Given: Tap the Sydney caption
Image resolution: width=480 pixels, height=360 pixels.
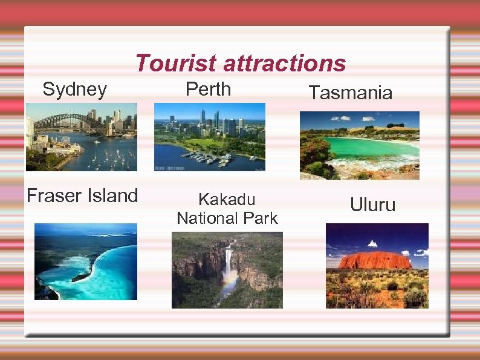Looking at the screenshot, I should click(x=75, y=90).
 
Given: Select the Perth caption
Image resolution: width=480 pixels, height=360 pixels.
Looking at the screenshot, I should click(x=208, y=89).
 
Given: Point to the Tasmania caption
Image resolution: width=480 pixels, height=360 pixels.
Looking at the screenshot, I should click(x=350, y=93).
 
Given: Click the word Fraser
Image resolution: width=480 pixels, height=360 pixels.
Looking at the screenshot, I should click(x=53, y=195).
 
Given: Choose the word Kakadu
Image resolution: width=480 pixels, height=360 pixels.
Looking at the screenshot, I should click(x=227, y=199).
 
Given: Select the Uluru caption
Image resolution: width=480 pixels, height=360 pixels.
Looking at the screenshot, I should click(x=372, y=205).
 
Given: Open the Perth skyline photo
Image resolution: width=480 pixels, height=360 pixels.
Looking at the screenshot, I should click(x=209, y=137).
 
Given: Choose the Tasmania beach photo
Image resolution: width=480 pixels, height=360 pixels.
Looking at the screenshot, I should click(x=359, y=145).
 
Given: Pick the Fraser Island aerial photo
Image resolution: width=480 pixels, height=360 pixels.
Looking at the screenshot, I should click(x=85, y=261).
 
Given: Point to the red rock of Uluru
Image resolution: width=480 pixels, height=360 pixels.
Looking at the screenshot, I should click(x=375, y=260).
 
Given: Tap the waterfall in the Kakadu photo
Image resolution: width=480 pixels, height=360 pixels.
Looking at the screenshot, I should click(x=228, y=260).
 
